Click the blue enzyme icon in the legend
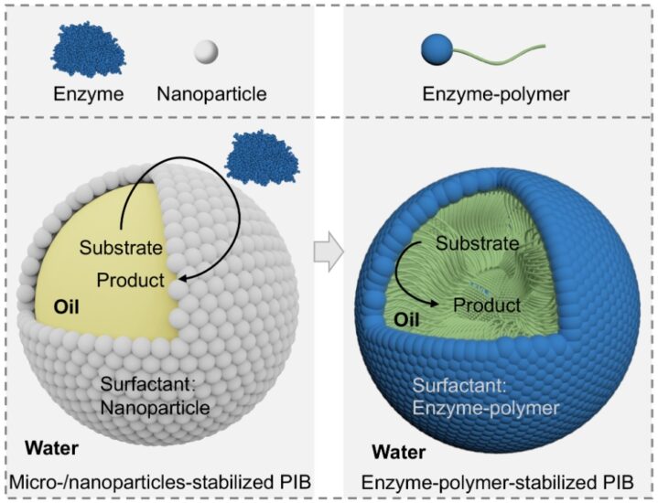coord(88,50)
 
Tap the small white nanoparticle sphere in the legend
coord(206,51)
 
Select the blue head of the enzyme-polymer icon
coord(437,49)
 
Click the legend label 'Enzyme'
coord(89,94)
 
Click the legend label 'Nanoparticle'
coord(211,94)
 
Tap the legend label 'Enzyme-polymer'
coord(496,94)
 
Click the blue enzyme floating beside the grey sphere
coord(263,158)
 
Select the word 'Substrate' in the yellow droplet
coord(121,248)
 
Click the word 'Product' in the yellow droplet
coord(131,280)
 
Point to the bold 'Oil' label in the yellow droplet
coord(66,307)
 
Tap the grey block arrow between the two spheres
coord(329,251)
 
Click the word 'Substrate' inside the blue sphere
coord(478,243)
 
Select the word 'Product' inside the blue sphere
coord(487,305)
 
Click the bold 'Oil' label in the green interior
coord(406,320)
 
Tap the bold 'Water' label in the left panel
coord(51,448)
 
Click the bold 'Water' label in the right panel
coord(399,452)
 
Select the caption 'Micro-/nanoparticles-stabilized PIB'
coord(160,482)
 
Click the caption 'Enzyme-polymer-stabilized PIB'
coord(497,483)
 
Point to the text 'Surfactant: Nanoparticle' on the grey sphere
coord(156,396)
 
